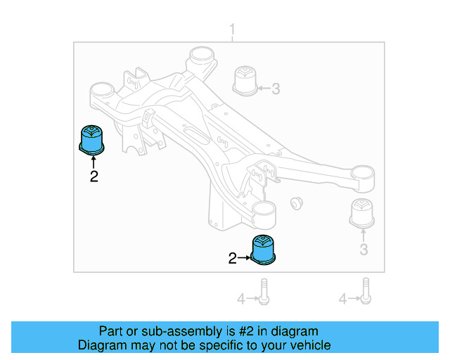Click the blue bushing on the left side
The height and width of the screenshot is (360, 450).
[91, 139]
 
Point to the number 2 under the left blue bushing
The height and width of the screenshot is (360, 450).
[94, 176]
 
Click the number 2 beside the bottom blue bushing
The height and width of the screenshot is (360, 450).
[233, 259]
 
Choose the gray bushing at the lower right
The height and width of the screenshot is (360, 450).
[362, 214]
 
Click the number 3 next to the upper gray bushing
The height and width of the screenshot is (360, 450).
[276, 89]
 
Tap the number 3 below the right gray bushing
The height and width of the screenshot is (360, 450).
[364, 250]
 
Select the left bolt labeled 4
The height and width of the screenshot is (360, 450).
[263, 292]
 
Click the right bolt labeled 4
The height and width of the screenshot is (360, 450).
[366, 291]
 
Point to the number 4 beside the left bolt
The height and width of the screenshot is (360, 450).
[241, 300]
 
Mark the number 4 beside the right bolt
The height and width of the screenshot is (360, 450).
[343, 300]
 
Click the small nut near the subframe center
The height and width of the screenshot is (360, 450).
[296, 203]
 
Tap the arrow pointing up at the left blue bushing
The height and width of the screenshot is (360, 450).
[94, 162]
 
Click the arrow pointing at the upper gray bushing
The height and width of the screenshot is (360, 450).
[264, 89]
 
